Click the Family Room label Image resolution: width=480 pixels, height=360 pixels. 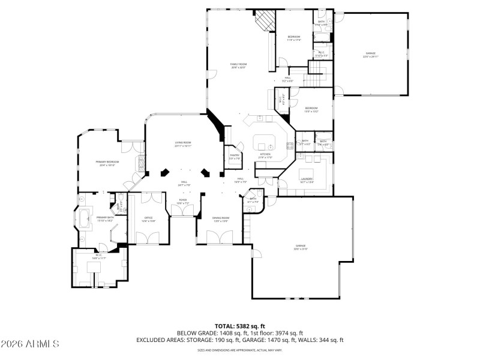pos(239,65)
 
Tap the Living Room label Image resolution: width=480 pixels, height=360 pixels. pos(182,144)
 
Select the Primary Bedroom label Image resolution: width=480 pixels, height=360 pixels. pos(108,163)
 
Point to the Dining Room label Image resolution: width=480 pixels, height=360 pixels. pos(221,219)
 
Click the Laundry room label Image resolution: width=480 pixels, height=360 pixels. pos(307,179)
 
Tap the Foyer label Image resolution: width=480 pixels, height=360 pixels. pos(182,202)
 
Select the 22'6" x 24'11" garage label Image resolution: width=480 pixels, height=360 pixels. pos(370,55)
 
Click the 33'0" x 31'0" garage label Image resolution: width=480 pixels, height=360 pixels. pos(301,247)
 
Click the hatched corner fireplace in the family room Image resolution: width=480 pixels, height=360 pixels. pos(263,22)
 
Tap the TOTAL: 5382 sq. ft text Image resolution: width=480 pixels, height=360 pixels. pos(240,326)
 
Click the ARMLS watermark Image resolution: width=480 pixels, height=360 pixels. pos(30,344)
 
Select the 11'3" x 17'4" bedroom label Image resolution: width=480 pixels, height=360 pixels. pos(293,38)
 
